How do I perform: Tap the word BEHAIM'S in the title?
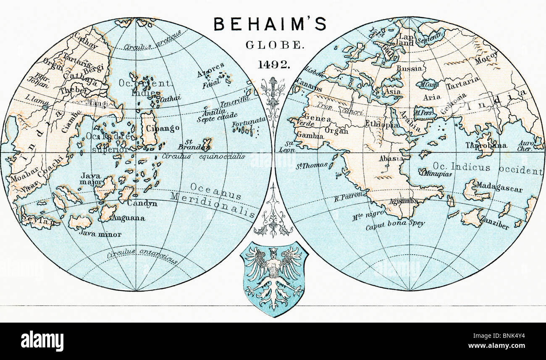click(270, 24)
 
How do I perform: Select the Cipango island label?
click(165, 128)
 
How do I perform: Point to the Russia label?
click(409, 68)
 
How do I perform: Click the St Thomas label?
click(312, 166)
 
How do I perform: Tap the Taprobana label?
click(486, 146)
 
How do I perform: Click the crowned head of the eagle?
click(273, 252)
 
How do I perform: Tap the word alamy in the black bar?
click(42, 341)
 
